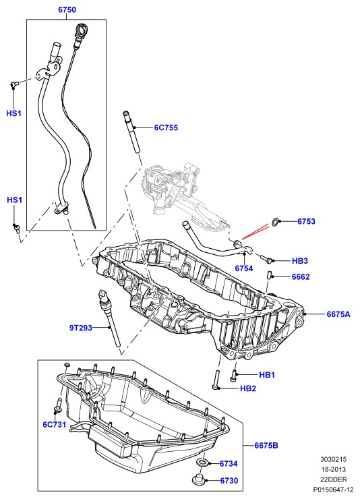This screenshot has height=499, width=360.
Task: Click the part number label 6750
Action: [x=67, y=10]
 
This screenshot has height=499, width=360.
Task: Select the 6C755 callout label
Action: [x=166, y=127]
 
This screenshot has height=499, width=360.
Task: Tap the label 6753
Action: [x=306, y=221]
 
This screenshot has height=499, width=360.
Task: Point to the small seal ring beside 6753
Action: [x=276, y=222]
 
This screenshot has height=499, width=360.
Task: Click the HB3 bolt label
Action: [x=300, y=261]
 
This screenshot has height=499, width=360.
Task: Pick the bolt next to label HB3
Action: [x=266, y=260]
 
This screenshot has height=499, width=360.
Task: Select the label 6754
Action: [x=244, y=268]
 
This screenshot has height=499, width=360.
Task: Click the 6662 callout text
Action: [x=301, y=277]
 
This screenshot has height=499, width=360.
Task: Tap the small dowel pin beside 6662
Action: [x=269, y=275]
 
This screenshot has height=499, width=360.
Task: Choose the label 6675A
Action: [x=338, y=314]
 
